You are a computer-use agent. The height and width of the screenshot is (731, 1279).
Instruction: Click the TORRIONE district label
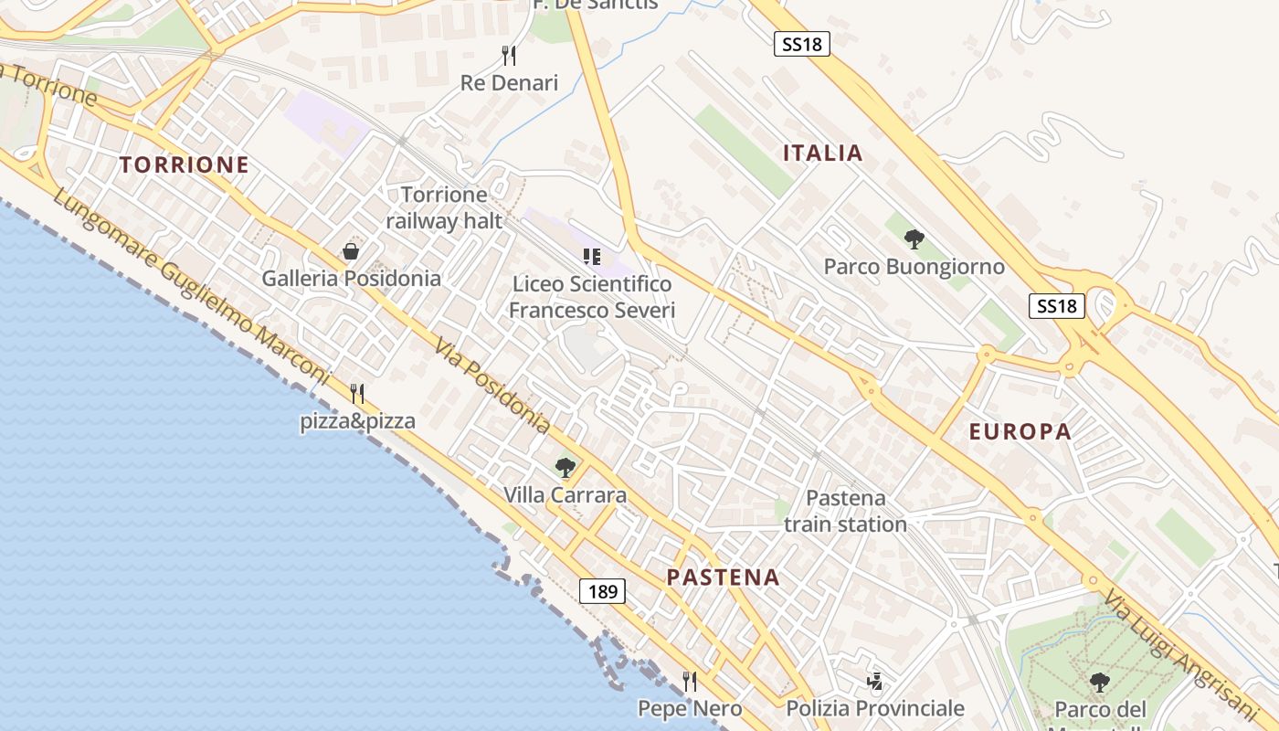[184, 164]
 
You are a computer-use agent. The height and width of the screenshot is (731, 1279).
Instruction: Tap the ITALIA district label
[822, 153]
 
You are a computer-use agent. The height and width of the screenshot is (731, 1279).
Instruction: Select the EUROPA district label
[1020, 431]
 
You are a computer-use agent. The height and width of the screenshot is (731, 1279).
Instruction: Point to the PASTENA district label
[723, 577]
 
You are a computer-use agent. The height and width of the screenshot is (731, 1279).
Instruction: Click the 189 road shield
[603, 591]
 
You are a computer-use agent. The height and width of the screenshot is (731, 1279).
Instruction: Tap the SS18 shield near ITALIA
[801, 44]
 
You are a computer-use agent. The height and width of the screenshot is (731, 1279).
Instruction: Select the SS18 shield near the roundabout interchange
[1057, 305]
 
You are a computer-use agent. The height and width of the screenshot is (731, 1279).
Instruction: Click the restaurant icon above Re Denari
[509, 56]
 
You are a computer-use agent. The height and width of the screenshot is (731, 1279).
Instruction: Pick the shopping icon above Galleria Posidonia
[351, 250]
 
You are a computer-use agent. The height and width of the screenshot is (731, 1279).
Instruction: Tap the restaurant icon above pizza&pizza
[357, 394]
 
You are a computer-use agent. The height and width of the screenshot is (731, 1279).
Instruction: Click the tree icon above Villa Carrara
[566, 468]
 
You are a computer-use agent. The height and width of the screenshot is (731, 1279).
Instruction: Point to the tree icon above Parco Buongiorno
[914, 239]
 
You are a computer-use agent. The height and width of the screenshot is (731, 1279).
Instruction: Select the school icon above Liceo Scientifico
[592, 257]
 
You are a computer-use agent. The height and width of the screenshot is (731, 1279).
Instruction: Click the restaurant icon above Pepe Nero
[690, 682]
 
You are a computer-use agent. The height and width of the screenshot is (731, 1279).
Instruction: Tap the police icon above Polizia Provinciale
[875, 682]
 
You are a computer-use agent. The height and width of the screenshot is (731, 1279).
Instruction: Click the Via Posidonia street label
[492, 386]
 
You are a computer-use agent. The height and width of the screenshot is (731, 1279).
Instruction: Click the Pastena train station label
[845, 511]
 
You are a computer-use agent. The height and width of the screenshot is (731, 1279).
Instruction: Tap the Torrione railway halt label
[444, 207]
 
